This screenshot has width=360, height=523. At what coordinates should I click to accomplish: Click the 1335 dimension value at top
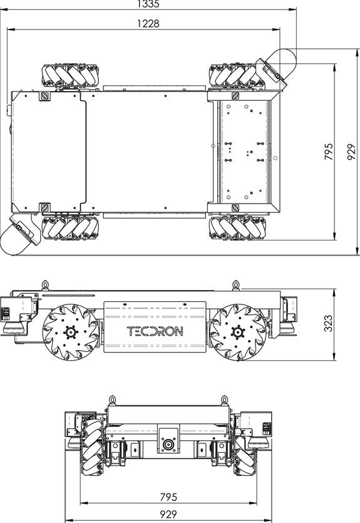pos(148,4)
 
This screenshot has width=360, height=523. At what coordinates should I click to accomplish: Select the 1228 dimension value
pos(148,24)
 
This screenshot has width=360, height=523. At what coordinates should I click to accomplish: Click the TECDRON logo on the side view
pos(155,331)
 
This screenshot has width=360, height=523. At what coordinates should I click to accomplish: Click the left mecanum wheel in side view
pos(69,332)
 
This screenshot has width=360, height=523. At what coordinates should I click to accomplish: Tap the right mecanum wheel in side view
pos(236,332)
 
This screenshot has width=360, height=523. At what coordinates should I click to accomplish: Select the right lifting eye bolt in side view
pos(235,285)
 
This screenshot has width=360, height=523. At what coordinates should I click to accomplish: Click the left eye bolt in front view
pos(113,398)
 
